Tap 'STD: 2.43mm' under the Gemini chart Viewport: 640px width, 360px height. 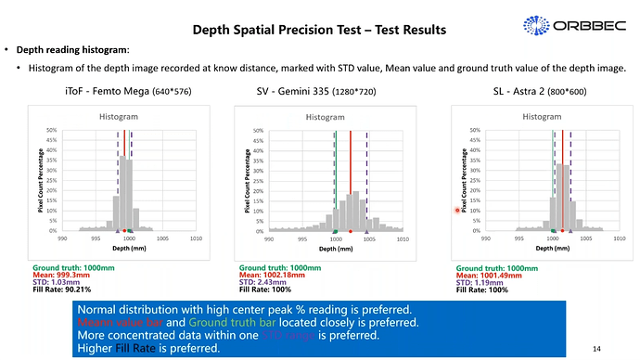pos(262,282)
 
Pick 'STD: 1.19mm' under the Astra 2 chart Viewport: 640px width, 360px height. pos(479,282)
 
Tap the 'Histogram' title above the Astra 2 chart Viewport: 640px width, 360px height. pos(542,117)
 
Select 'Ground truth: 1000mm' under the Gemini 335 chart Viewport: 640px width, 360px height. pos(279,267)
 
